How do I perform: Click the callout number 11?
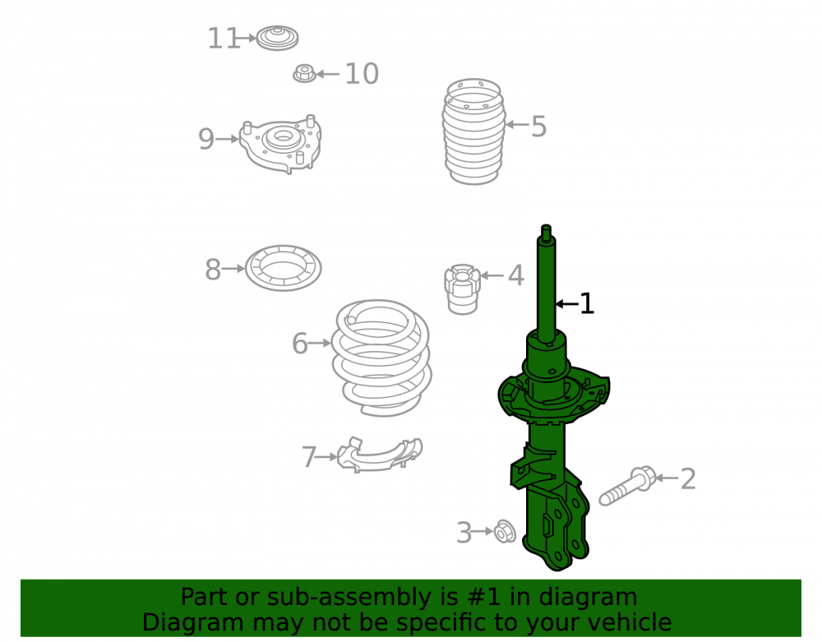(224, 39)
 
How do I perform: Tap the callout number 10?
(362, 74)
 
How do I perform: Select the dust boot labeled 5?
(474, 132)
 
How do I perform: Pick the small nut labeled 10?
(305, 73)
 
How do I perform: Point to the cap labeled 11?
(277, 38)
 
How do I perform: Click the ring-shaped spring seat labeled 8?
(283, 268)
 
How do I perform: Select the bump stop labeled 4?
(462, 289)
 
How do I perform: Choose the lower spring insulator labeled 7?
(380, 455)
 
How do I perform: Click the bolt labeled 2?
(627, 486)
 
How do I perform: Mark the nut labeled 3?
(505, 531)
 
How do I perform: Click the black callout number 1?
(587, 304)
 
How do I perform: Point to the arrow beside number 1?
(566, 303)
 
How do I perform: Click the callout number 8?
(212, 270)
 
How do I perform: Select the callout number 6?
(299, 344)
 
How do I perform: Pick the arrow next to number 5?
(517, 124)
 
